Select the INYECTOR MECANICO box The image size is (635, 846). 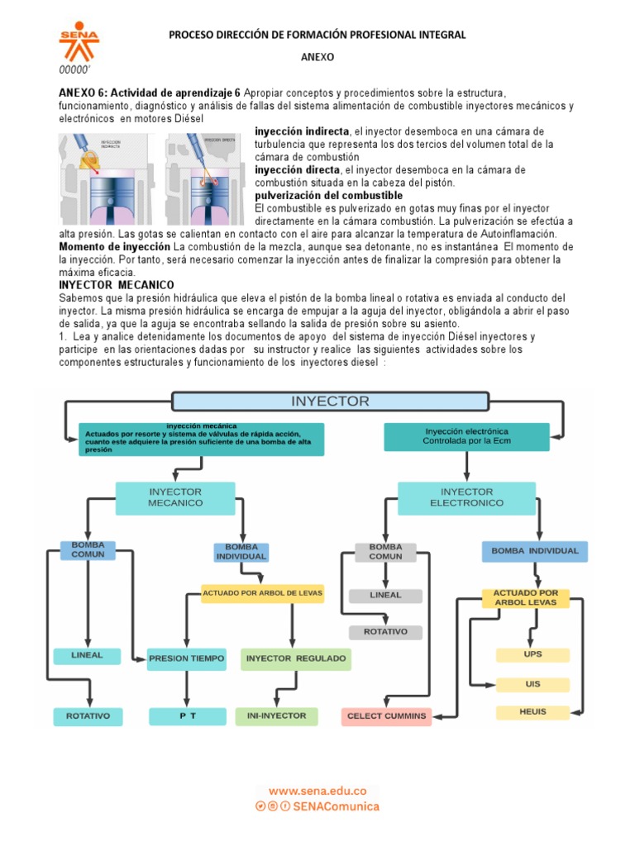tap(174, 497)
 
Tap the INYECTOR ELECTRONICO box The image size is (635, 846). tap(466, 497)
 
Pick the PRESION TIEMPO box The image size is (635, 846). tap(186, 658)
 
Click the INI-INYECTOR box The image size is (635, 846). tap(276, 715)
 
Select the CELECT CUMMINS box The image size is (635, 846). tap(387, 715)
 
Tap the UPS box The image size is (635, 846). tap(532, 654)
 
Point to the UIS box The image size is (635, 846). tap(532, 684)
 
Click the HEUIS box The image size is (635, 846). tap(532, 711)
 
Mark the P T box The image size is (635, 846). tap(187, 715)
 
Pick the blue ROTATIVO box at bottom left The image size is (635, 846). tap(88, 715)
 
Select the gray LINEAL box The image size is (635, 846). tap(385, 595)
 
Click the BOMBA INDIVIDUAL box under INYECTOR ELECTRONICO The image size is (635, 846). tap(535, 551)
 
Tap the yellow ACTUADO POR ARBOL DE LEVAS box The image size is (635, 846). tap(262, 592)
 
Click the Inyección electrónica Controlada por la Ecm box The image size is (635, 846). tap(466, 436)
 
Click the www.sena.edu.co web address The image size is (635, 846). tap(317, 790)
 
